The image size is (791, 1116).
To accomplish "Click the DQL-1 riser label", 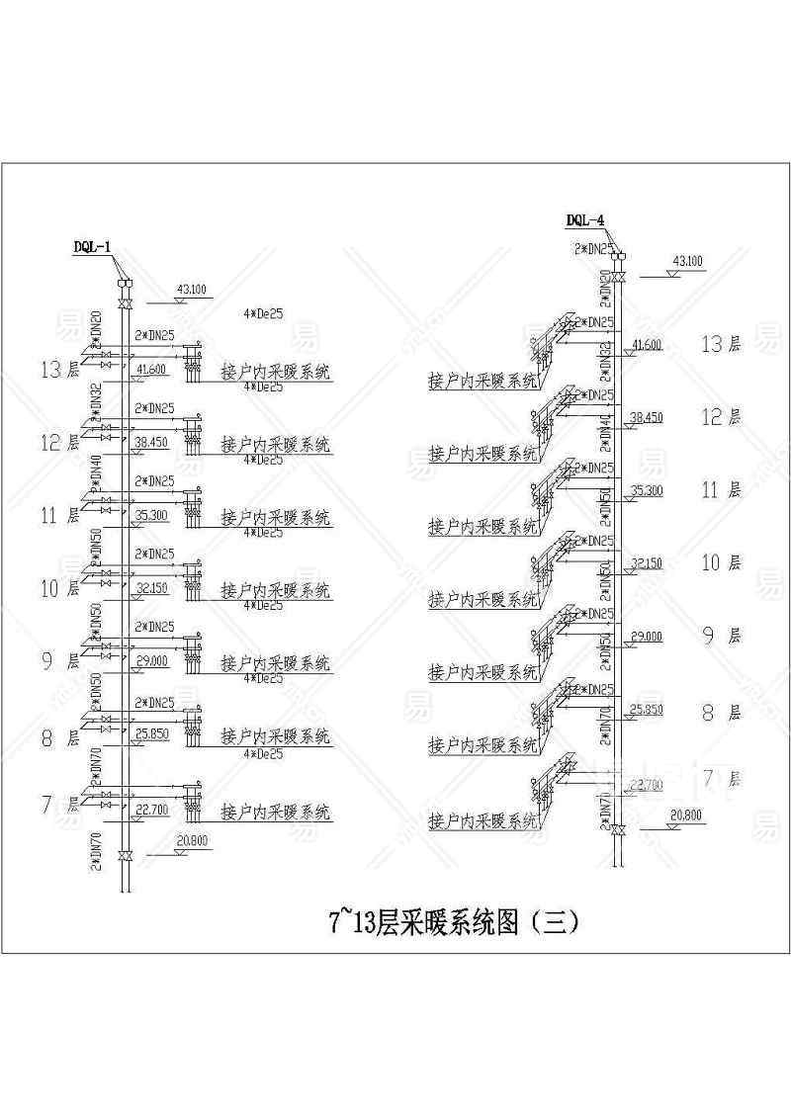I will point(91,246).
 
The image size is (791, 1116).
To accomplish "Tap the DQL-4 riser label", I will point(584,220).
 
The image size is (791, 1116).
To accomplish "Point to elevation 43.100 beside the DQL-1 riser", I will point(191,289).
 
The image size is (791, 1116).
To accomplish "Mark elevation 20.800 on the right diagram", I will point(686,815).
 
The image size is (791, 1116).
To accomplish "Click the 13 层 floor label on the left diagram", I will point(59,371).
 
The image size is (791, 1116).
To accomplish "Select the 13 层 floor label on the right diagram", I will point(720,344).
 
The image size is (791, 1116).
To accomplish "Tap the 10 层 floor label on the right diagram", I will point(720,563).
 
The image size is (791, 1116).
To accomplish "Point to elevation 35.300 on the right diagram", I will point(646,490).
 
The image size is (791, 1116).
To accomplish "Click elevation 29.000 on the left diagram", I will point(151,660).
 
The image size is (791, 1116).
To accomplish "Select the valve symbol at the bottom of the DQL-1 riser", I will point(125,854).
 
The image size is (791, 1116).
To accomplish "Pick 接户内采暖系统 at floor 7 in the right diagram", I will point(483,820).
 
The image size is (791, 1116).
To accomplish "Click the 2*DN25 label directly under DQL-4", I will point(594,248).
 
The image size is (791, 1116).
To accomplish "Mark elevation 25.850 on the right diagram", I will point(646,709).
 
